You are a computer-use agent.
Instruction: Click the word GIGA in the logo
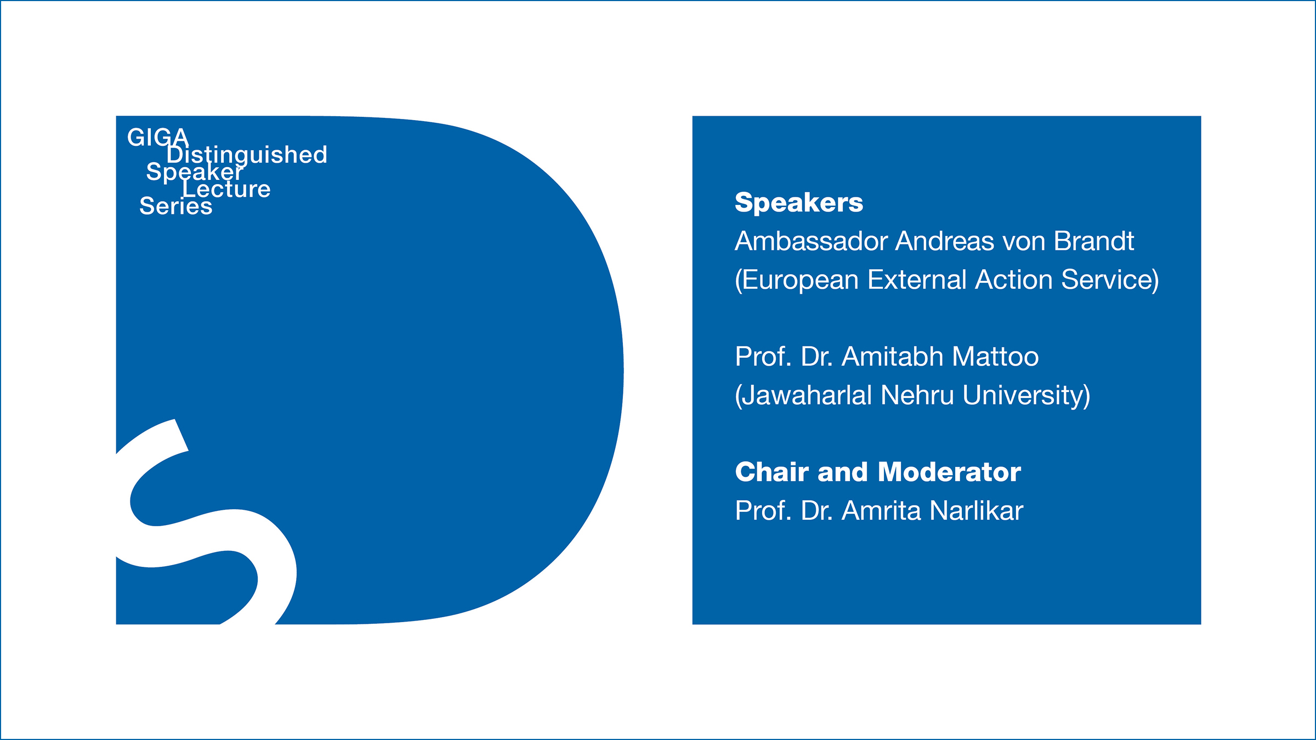(158, 137)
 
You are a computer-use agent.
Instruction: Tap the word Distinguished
(247, 155)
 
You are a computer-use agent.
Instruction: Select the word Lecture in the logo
(226, 189)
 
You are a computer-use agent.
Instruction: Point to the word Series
(176, 206)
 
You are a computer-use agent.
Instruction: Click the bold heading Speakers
(799, 203)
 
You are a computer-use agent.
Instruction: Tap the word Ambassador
(810, 241)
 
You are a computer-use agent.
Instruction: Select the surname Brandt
(1094, 241)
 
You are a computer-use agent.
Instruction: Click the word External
(917, 280)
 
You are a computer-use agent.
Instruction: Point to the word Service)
(1110, 280)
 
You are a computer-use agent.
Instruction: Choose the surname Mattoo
(995, 357)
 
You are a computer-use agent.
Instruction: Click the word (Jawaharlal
(803, 396)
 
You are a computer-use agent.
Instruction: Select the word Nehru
(917, 395)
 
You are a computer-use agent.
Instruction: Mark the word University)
(1026, 396)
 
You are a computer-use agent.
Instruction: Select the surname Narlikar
(977, 511)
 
